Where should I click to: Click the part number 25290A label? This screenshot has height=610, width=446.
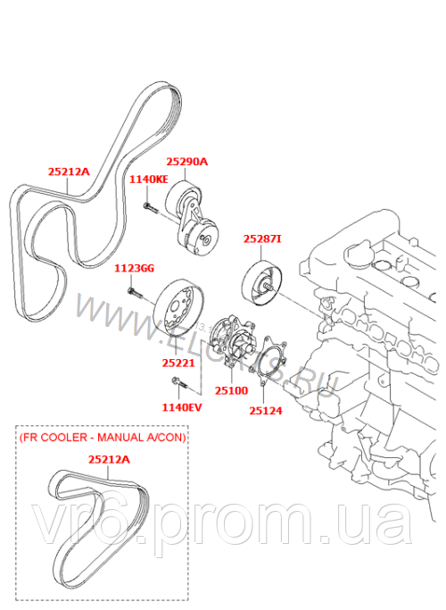[186, 162]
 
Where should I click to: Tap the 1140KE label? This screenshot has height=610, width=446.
[148, 180]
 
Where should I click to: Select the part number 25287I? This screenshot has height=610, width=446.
[262, 239]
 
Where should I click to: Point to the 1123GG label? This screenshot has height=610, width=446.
[134, 267]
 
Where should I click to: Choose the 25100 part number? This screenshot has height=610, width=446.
[231, 390]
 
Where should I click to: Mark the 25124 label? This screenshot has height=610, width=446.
[267, 411]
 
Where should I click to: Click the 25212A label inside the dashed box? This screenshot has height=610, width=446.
[109, 459]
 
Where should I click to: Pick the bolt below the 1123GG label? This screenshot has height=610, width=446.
[134, 292]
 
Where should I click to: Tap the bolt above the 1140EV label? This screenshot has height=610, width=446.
[176, 384]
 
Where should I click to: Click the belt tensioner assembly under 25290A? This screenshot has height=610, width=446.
[194, 223]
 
